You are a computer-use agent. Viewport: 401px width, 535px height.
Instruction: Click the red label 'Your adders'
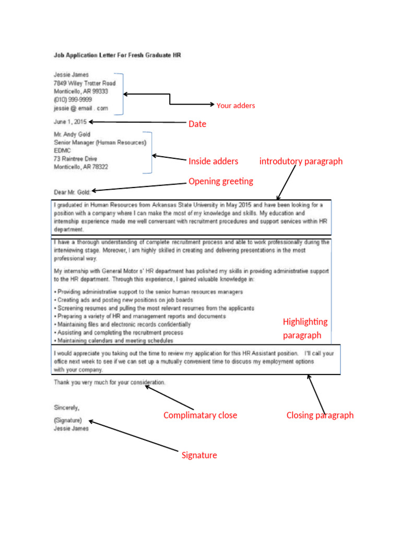235,106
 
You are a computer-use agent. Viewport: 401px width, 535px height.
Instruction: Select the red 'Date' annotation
197,124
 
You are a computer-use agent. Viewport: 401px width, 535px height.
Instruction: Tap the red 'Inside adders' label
213,161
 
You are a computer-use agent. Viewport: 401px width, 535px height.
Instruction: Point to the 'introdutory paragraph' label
301,161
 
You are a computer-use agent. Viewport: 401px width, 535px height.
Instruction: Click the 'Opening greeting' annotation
220,181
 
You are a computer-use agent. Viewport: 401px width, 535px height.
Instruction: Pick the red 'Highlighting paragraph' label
305,328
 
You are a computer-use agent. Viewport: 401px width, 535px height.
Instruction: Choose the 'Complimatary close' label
200,415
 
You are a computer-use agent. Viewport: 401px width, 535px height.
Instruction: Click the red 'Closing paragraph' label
320,415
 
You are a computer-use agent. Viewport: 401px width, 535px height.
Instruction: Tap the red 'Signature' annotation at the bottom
199,455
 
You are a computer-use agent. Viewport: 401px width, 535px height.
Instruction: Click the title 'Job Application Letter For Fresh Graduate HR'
117,54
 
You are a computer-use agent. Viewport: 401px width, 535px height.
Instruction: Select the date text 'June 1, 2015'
70,122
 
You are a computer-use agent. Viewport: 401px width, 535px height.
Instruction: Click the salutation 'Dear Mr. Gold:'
72,191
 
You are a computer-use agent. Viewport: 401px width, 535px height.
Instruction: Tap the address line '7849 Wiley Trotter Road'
84,83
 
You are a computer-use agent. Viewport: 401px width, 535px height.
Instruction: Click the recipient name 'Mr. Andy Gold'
72,134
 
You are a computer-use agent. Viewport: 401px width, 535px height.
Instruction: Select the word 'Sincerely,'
67,407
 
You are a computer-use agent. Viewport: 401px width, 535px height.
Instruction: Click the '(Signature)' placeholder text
68,420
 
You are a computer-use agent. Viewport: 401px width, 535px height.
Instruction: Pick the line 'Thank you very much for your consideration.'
110,382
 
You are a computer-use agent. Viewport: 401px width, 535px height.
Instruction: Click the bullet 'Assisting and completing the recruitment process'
120,332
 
